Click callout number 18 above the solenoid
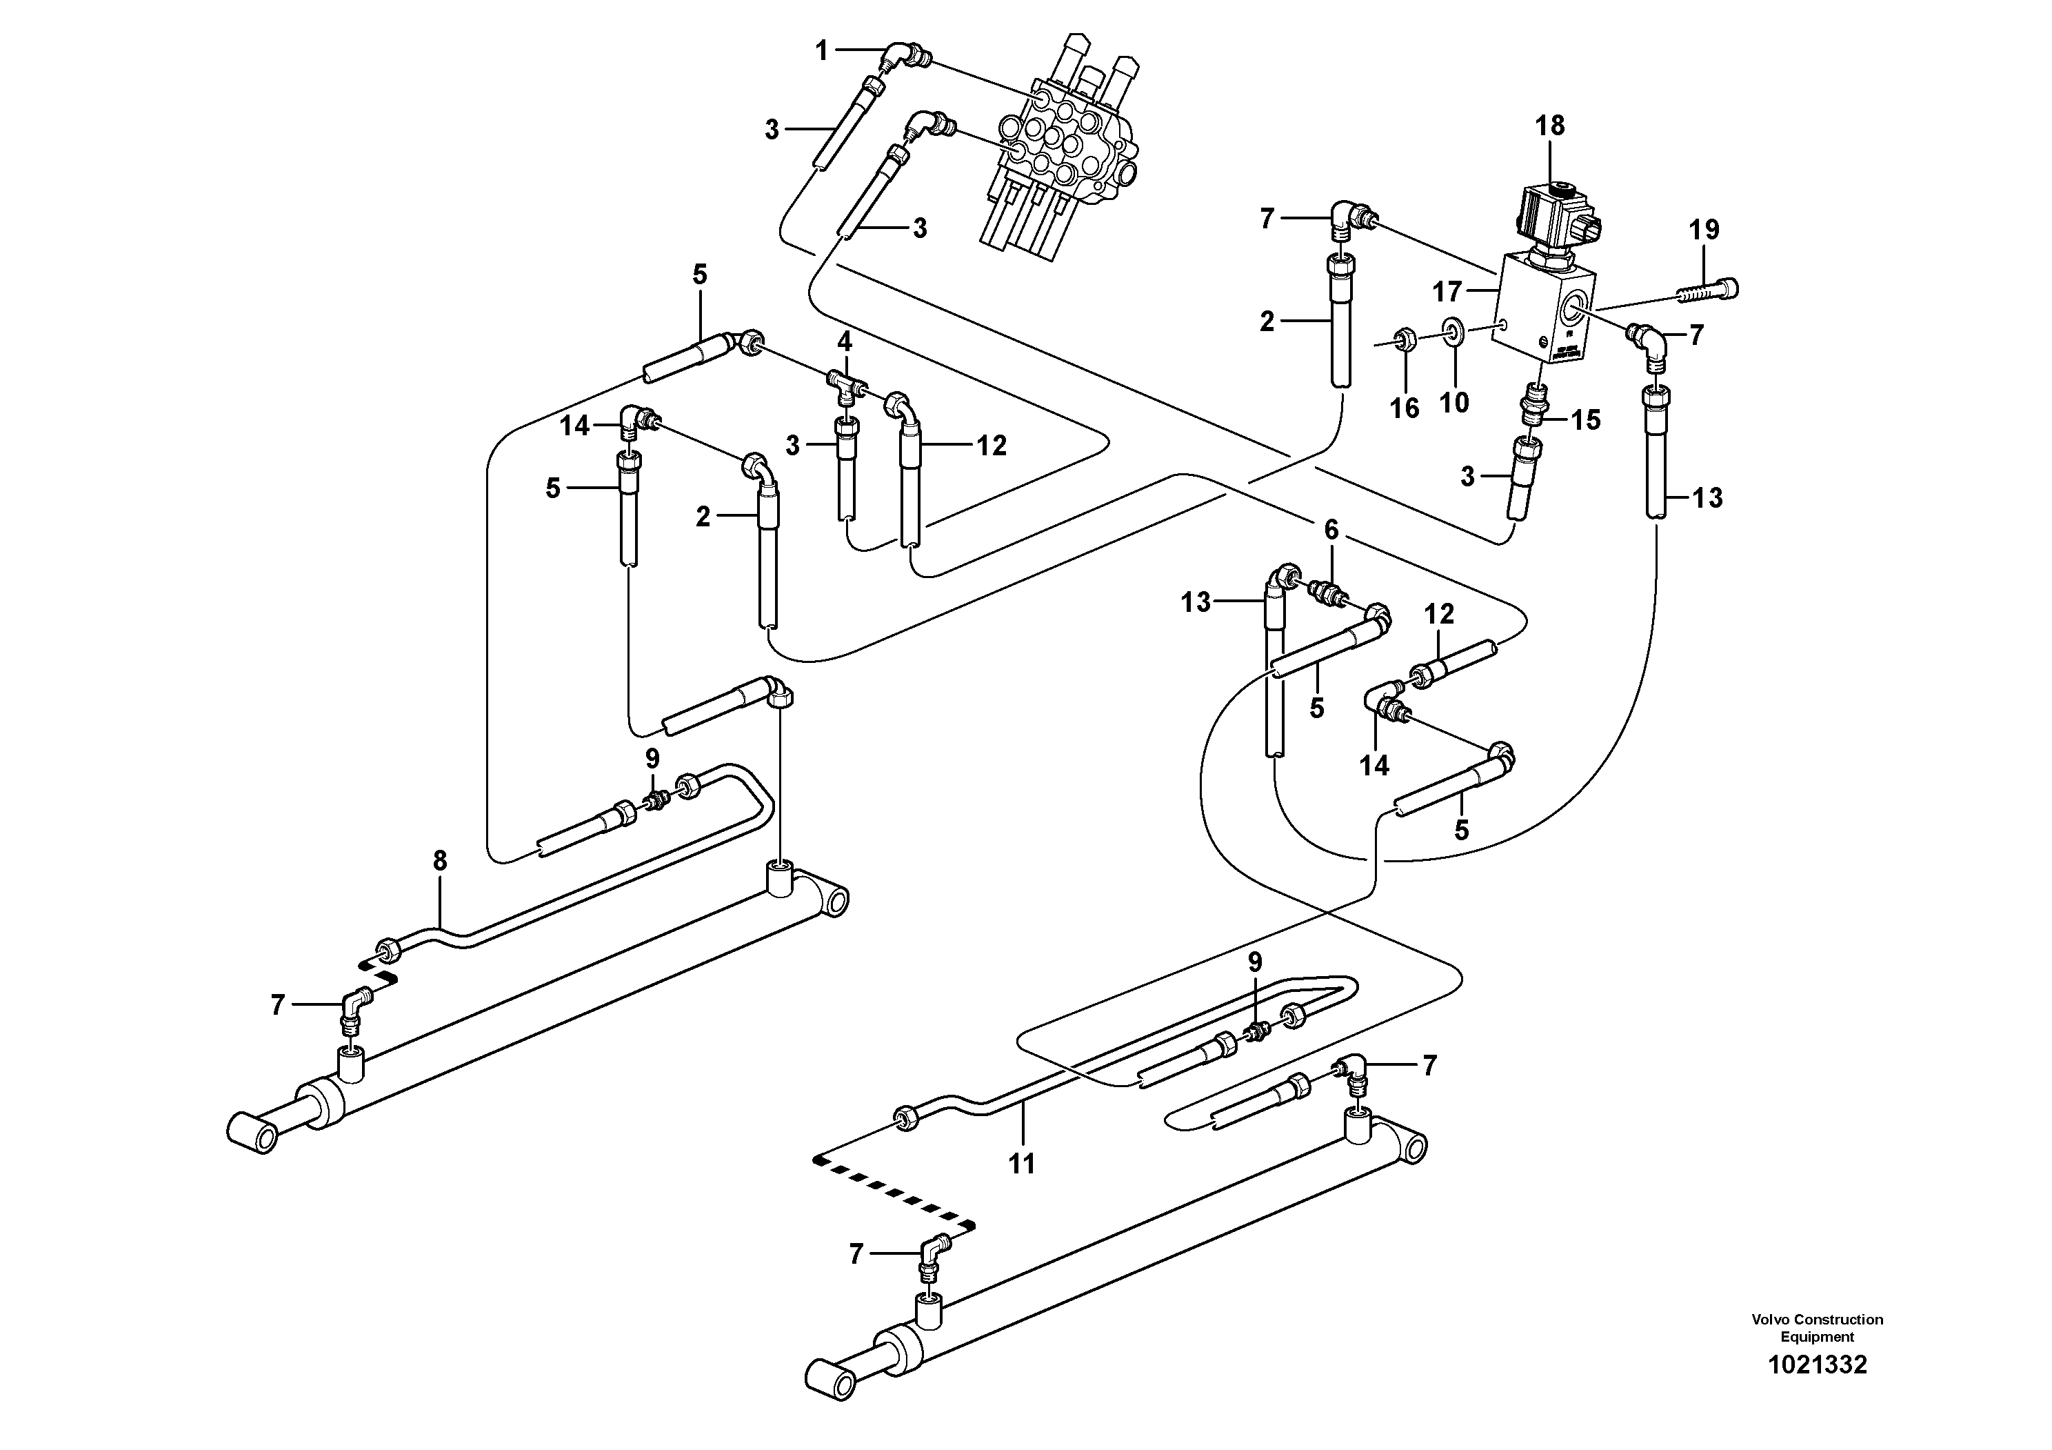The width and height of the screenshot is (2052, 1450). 1550,126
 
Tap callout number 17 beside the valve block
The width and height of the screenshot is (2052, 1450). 1447,291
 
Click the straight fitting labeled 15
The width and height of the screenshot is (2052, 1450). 1536,417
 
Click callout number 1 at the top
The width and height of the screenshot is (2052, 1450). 822,52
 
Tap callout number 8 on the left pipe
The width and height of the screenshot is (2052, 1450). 439,861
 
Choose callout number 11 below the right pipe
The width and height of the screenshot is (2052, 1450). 1022,1163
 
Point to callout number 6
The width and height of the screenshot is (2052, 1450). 1331,530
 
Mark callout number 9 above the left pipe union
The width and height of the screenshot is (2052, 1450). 652,759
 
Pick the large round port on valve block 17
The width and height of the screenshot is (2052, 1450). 1576,312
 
